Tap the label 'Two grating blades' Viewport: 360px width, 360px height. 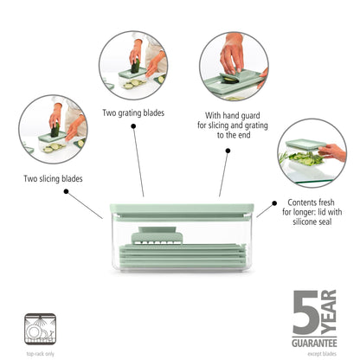pos(133,112)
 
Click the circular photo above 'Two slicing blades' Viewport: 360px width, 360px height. pos(52,129)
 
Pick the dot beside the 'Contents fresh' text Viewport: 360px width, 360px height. pos(269,202)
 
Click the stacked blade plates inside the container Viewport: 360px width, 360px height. pos(179,260)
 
